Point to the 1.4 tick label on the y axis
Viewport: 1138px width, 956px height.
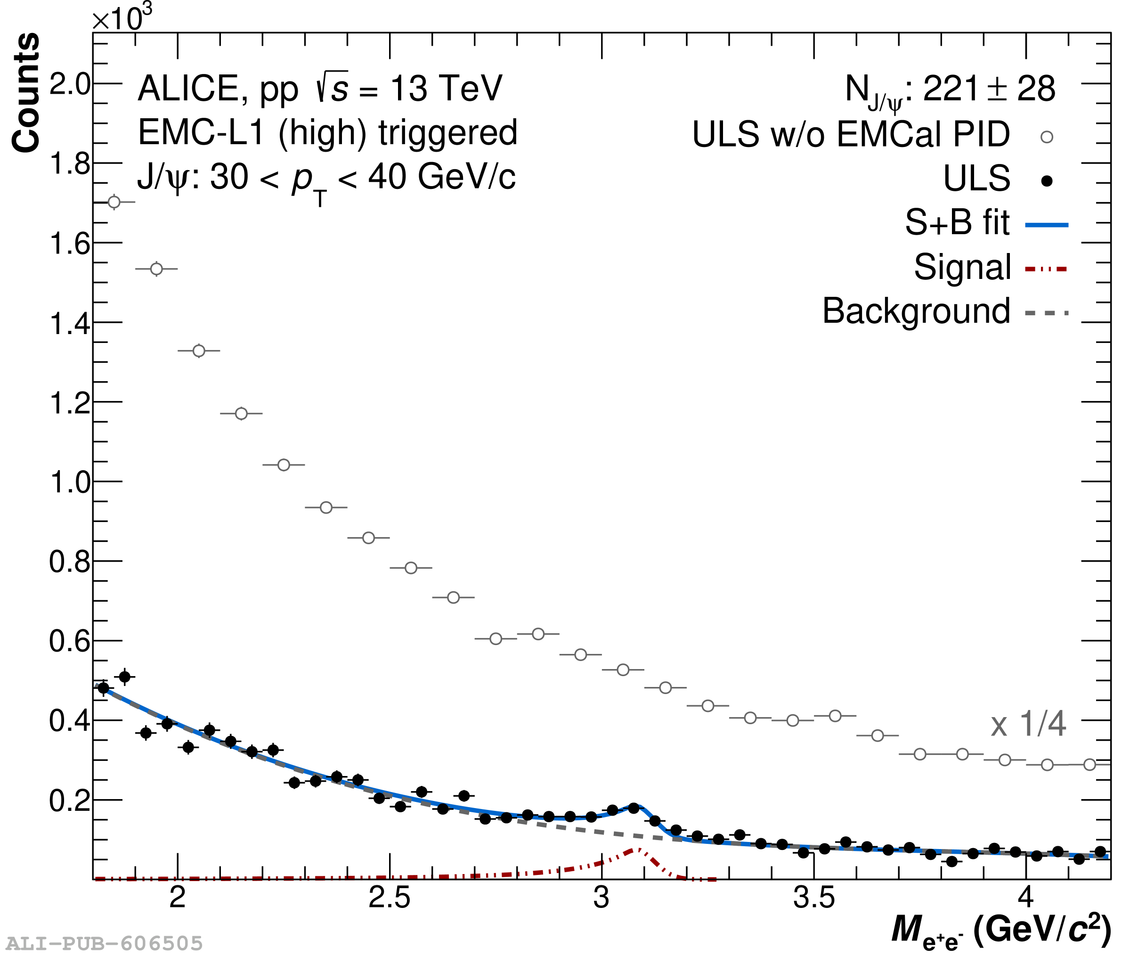pos(69,324)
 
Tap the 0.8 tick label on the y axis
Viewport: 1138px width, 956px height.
pos(69,562)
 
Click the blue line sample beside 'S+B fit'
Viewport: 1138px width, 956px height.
pos(1047,224)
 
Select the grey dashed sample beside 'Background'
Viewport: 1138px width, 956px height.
pos(1047,313)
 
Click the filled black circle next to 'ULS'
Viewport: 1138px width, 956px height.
pos(1047,180)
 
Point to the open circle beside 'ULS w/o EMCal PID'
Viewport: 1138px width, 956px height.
pos(1047,137)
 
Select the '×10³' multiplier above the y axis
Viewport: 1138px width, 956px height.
pos(122,18)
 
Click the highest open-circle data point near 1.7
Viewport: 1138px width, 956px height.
pos(114,202)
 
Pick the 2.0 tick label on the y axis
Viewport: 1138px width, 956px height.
pos(69,84)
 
